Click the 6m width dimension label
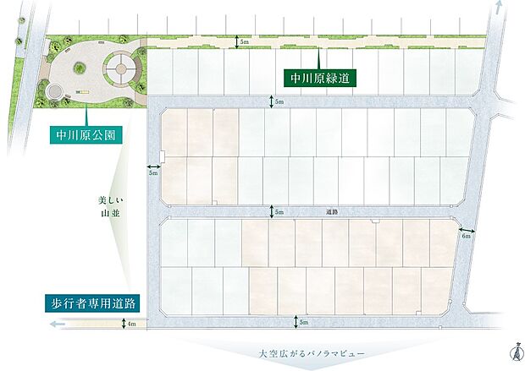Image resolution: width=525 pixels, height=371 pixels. point(466,237)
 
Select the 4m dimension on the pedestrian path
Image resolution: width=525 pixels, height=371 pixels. point(131,323)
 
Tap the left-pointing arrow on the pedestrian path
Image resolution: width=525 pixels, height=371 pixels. point(56,323)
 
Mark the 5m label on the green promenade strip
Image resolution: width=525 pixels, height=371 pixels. point(245,41)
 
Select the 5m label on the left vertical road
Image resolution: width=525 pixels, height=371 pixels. point(153,173)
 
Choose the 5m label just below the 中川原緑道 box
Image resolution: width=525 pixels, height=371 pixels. point(280,101)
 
